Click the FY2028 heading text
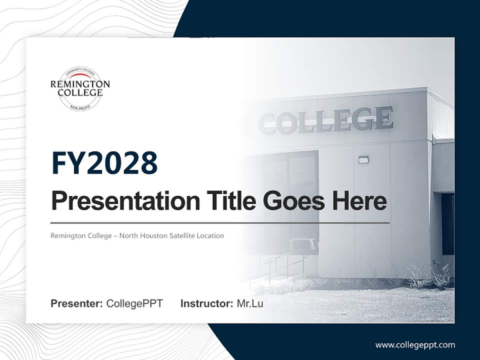click(x=104, y=163)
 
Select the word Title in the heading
click(x=227, y=201)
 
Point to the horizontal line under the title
click(x=220, y=222)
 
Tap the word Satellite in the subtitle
click(x=181, y=235)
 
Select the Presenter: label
click(x=77, y=303)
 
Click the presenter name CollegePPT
click(x=134, y=303)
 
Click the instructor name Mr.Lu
click(x=250, y=303)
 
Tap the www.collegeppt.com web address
click(x=415, y=345)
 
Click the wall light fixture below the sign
click(x=363, y=159)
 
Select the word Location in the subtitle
click(x=210, y=235)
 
